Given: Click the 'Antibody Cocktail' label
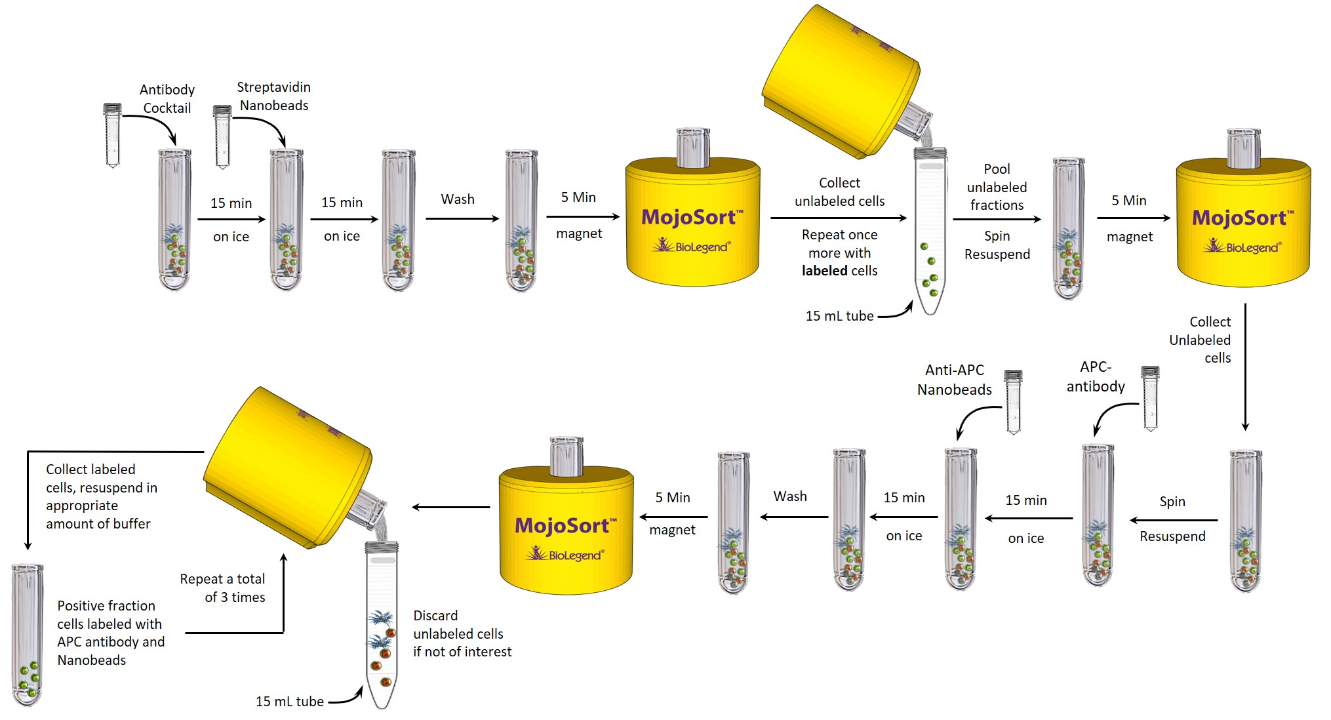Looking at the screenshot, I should point(167,98).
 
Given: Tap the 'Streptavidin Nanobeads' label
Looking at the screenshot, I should point(273,96).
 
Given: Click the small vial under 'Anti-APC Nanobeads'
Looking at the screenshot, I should point(1014,401).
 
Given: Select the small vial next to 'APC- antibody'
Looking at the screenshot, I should point(1150,398).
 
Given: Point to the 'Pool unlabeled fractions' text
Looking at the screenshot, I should point(997,187).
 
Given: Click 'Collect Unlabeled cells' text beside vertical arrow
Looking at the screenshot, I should point(1201,340).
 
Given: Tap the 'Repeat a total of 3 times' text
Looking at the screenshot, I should point(223,588).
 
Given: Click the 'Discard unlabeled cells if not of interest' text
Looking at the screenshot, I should point(462,633).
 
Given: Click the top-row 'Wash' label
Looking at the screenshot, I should point(458,199).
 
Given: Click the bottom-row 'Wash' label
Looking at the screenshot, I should point(790,496).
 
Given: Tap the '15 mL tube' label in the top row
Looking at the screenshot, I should point(839,316).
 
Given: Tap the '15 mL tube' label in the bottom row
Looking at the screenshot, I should point(289,702).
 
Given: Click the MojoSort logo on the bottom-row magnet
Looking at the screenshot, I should point(566,526).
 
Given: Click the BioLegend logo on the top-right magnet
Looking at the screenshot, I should point(1242,247).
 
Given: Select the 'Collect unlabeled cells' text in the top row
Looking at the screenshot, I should point(839,191).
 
